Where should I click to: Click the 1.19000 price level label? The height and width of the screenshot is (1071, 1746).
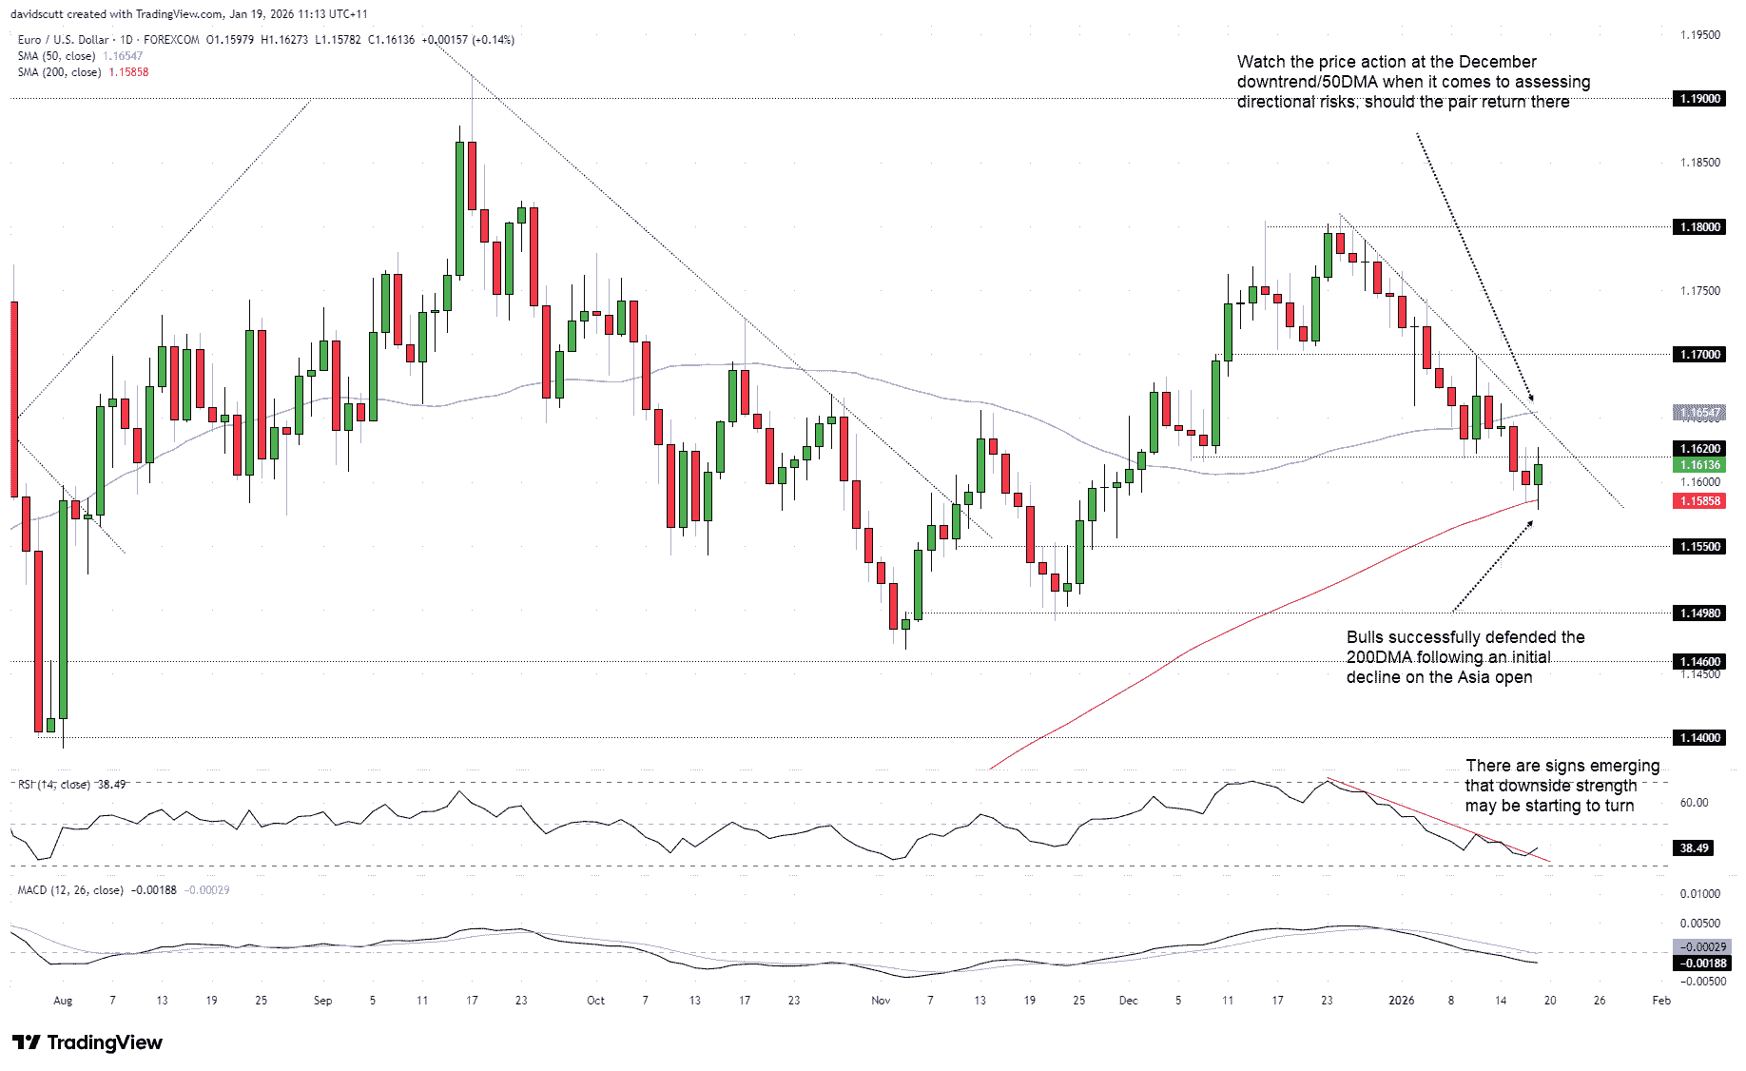click(1698, 99)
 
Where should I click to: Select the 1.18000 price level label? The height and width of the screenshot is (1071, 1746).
click(1698, 226)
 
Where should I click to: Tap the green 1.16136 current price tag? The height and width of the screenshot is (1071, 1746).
click(1698, 465)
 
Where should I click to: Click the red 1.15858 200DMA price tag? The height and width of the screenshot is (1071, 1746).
click(1698, 500)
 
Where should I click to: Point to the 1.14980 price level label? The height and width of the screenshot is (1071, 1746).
click(1698, 613)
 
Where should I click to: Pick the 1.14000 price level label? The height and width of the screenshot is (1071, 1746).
click(1698, 737)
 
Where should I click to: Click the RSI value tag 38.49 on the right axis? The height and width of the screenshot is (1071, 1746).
click(1694, 847)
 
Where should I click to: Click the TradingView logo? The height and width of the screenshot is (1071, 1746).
click(87, 1042)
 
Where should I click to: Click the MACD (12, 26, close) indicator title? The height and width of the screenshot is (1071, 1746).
click(70, 890)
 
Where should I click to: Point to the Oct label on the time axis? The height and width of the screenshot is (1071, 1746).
click(595, 1001)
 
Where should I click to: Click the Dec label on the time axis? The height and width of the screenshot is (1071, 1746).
click(1128, 1001)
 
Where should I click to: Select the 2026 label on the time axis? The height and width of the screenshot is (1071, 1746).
click(1401, 1001)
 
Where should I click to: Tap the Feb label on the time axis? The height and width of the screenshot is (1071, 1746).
click(1661, 1001)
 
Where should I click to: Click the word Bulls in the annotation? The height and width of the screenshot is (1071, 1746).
click(1365, 637)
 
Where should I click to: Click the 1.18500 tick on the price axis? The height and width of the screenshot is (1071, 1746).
click(1700, 163)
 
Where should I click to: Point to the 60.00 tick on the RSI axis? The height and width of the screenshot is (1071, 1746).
click(1694, 803)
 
